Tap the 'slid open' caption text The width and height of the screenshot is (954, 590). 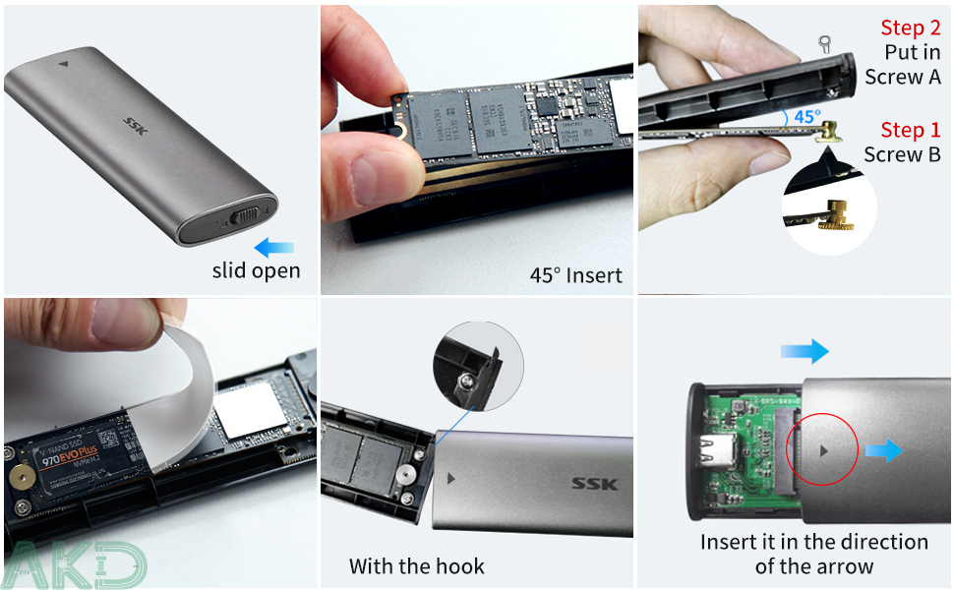(256, 270)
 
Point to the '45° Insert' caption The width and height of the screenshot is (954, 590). (575, 274)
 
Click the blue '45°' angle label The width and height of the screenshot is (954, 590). (807, 117)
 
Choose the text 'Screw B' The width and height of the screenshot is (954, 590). (902, 154)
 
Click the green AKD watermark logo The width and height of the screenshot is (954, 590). (74, 563)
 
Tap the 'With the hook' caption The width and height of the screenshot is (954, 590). (417, 566)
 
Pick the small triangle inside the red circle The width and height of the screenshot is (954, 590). (822, 449)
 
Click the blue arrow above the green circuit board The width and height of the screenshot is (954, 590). (805, 351)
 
